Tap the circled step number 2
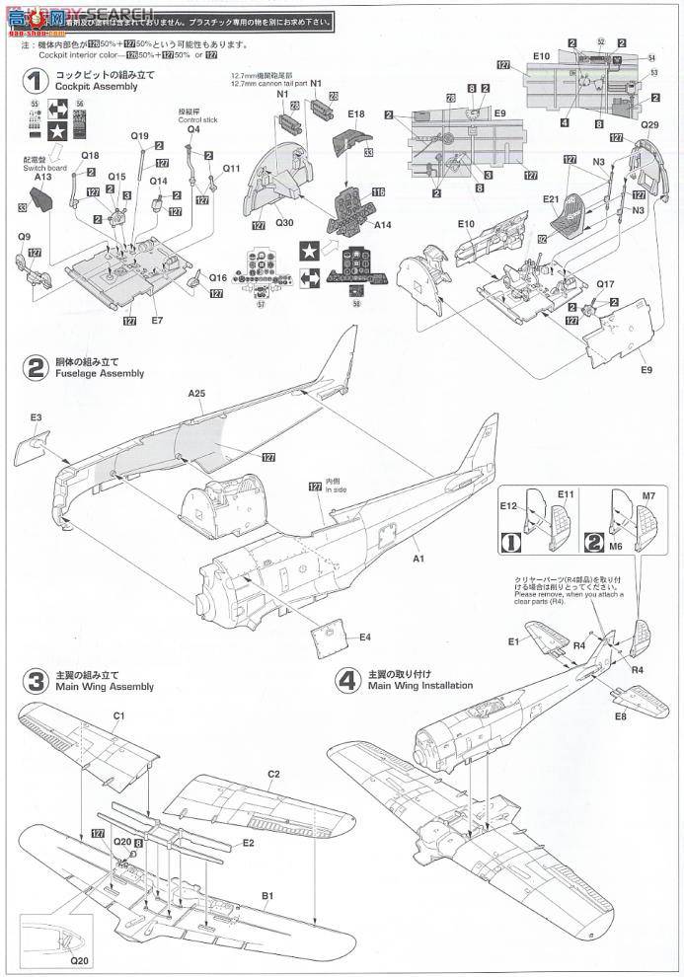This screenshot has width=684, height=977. pos(34,367)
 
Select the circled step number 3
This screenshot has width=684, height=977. pos(35,680)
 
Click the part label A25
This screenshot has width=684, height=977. pos(197,393)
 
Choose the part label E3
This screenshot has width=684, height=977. pos(36,418)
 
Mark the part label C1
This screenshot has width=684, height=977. pos(118,714)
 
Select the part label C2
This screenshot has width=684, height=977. pos(273,774)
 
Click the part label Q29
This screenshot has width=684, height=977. pos(648,125)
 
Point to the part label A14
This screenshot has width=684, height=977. pos(382,225)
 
